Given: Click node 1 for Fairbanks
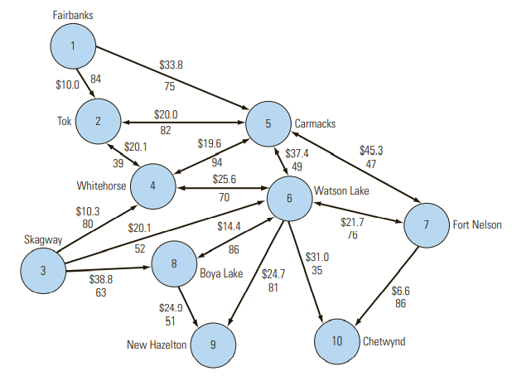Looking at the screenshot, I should coord(74,46).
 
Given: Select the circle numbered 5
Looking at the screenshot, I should coord(268,124).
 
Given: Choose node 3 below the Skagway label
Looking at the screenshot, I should coord(43,269).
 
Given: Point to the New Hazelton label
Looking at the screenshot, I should coord(157,345).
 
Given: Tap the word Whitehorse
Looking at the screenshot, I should coord(100,185).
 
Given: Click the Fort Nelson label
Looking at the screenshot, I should coord(476,224).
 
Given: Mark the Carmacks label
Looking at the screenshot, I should coord(315,124).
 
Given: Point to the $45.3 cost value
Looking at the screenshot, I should coord(371,150).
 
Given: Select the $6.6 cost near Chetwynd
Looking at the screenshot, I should coord(401,291).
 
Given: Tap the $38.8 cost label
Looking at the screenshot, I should coord(101,279).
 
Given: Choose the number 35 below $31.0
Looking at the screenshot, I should coord(317,269).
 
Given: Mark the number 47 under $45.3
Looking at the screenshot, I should coord(371,164).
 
